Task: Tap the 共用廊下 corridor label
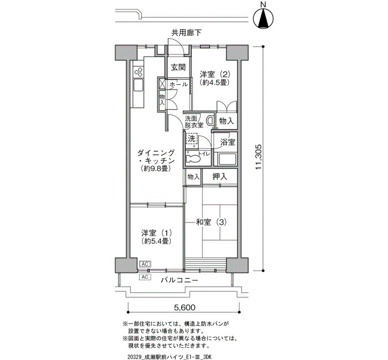point(187,33)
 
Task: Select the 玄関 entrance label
point(178,67)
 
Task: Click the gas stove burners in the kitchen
point(138,71)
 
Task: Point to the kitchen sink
point(138,86)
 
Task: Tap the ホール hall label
point(178,85)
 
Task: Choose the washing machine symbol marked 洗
point(192,139)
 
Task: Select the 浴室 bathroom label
point(228,142)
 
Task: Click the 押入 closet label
point(219,177)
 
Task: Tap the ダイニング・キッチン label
point(156,157)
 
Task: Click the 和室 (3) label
point(211,222)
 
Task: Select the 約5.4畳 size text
point(156,241)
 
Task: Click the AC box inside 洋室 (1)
point(145,264)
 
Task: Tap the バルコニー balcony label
point(180,280)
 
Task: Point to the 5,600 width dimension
point(185,307)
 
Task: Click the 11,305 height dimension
point(258,157)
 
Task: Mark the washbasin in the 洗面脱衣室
point(211,120)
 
